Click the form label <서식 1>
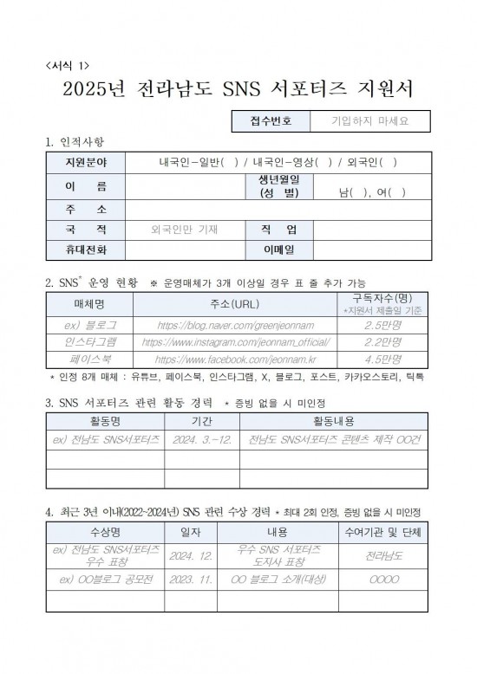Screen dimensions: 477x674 [66, 65]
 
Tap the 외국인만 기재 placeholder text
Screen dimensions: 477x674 [184, 230]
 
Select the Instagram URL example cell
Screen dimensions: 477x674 [234, 342]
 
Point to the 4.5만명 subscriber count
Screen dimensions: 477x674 [382, 359]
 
